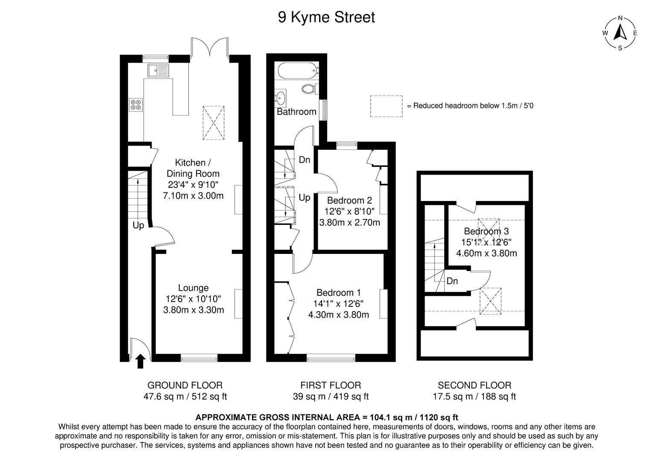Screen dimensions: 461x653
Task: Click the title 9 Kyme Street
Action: point(326,18)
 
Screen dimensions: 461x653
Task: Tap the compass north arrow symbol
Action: point(620,32)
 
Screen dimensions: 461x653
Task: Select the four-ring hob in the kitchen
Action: point(136,105)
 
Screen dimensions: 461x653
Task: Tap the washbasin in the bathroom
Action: point(281,98)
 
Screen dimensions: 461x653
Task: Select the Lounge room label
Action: point(193,288)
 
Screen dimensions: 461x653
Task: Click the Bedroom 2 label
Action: point(349,200)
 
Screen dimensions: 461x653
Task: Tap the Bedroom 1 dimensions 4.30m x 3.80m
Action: point(338,315)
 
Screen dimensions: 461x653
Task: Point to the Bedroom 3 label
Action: point(486,231)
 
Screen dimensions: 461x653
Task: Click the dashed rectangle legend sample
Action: point(386,106)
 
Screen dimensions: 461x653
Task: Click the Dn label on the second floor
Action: point(452,281)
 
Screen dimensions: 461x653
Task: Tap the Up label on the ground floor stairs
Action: point(138,225)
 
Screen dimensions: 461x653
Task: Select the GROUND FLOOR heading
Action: point(185,385)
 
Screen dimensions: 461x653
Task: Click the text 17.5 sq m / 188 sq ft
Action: point(474,397)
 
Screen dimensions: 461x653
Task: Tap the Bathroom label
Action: point(296,112)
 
